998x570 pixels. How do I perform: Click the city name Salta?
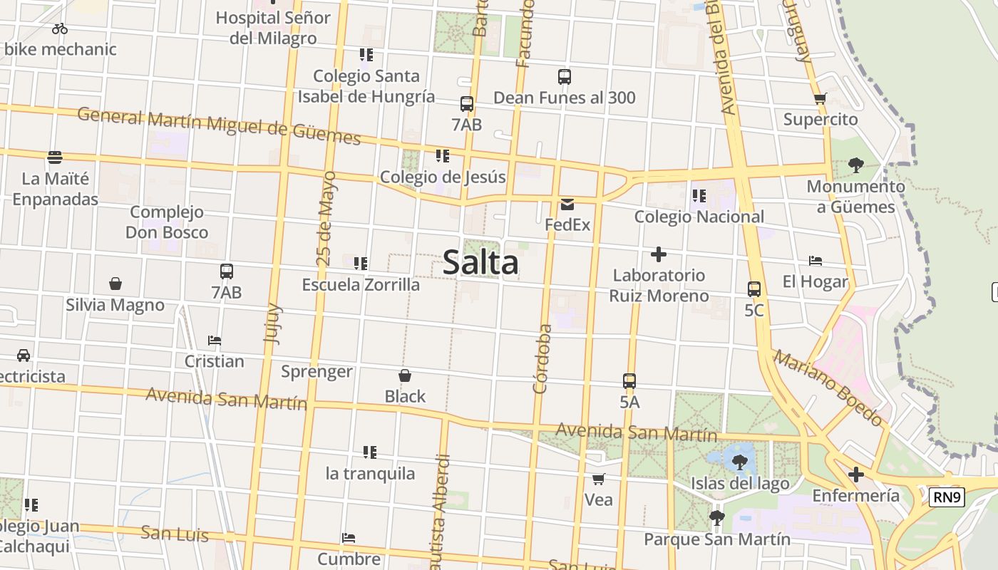coord(480,262)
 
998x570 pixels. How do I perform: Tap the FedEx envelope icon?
coord(567,205)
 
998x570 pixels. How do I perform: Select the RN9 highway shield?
coord(947,497)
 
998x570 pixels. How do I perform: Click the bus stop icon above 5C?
coord(754,289)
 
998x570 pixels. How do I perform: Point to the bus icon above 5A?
coord(629,381)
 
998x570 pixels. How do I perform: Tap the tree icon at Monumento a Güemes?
coord(856,166)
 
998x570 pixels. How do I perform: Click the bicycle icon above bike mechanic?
coord(60,28)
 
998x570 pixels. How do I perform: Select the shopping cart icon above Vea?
coord(599,479)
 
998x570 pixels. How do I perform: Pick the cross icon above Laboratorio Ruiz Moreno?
coord(659,254)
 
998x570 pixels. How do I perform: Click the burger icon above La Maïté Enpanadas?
coord(55,157)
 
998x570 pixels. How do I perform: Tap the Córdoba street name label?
coord(543,359)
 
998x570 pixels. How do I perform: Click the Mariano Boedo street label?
coord(828,388)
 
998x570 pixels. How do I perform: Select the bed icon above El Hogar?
coord(816,261)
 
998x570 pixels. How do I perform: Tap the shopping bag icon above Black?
coord(405,375)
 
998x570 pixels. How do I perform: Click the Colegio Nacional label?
coord(699,217)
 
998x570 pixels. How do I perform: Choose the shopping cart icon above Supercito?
coord(820,99)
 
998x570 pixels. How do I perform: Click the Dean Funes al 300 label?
coord(564,98)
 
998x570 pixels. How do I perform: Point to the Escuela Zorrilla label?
coord(361,285)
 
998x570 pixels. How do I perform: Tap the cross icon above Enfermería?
coord(855,475)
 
